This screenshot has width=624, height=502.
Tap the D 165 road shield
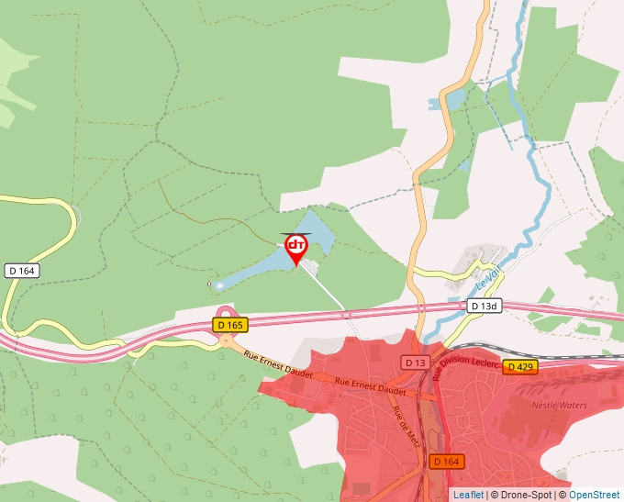[230, 325]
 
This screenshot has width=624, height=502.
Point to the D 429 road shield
[519, 366]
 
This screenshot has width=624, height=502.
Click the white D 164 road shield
[21, 271]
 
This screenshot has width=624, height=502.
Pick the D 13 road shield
[416, 363]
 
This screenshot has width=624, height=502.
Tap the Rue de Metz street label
[401, 422]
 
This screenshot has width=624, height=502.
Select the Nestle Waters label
[559, 404]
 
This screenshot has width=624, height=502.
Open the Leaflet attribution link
[468, 495]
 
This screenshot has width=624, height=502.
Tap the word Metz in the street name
[404, 429]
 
